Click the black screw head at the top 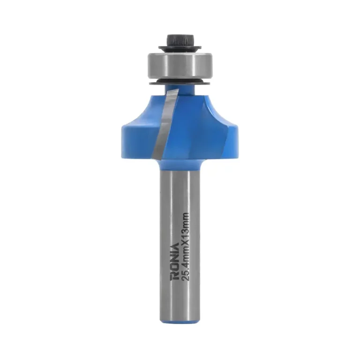pos(180,41)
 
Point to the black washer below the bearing pos(180,82)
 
